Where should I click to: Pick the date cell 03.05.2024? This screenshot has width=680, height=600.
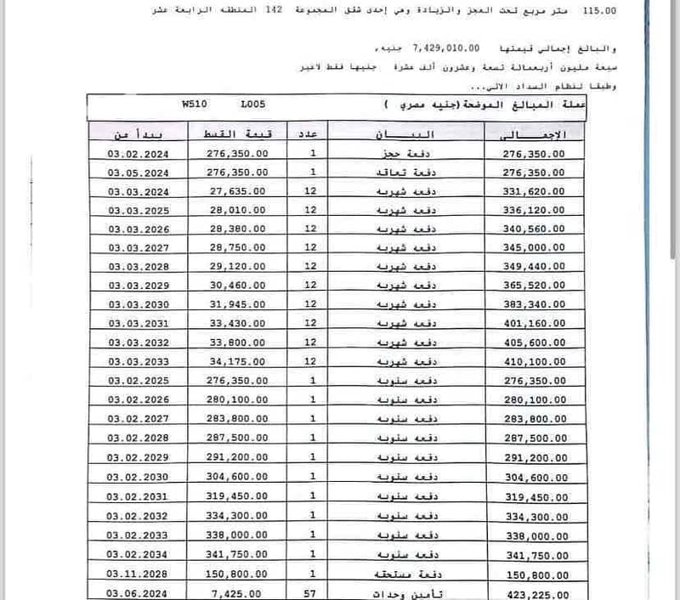(x=140, y=173)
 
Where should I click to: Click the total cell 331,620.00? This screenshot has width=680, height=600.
(x=536, y=191)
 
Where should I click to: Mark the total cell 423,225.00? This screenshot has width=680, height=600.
(x=536, y=595)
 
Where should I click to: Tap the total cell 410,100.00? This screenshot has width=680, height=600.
(x=536, y=362)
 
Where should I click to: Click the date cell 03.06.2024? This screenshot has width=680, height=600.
(x=140, y=595)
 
